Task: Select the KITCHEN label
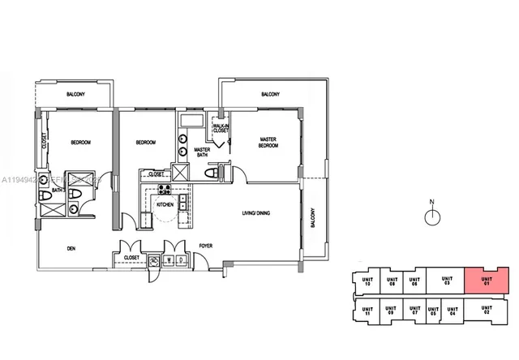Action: coord(165,206)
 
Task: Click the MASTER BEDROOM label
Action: coord(268,142)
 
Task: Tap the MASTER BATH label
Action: coord(203,154)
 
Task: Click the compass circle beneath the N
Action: coord(433,216)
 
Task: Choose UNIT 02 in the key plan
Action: coord(486,309)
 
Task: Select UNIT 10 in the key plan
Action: coord(367,281)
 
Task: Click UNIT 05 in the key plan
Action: coord(432,311)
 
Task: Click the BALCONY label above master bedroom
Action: coord(272,95)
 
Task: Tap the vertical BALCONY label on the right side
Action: coord(311,223)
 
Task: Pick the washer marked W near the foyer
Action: coord(169,259)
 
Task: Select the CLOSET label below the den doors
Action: coord(132,258)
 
